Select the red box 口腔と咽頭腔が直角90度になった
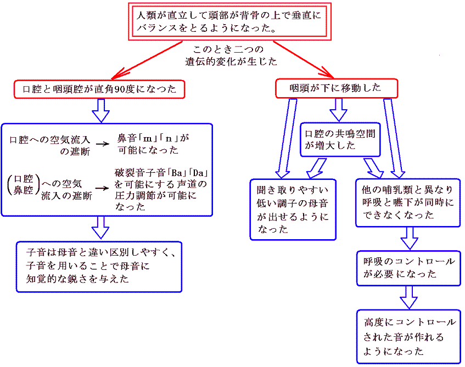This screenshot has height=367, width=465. [99, 88]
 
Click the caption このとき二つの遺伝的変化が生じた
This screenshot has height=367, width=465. [230, 55]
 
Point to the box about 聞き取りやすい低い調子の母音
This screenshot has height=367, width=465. [293, 209]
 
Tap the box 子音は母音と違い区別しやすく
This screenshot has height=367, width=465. [99, 266]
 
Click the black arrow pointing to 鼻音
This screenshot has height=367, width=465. [103, 144]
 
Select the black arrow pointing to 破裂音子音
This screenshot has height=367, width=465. [102, 188]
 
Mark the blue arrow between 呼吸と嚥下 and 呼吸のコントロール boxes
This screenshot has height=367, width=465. [409, 238]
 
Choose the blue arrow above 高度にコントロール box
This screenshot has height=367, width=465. [409, 298]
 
